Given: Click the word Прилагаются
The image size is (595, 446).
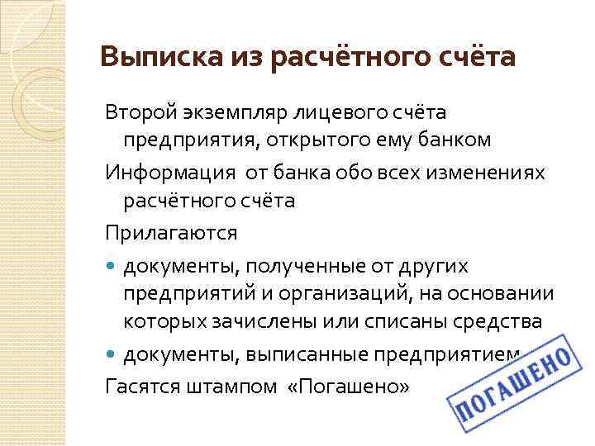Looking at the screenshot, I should click(170, 233).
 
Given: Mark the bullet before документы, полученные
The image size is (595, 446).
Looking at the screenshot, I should click(112, 265).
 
